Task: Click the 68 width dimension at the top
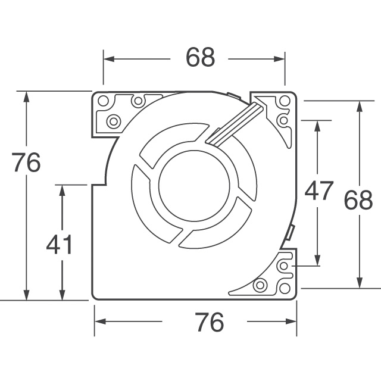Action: pos(199,58)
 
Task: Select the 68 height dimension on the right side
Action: pos(358,201)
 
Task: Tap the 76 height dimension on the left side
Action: pos(26,163)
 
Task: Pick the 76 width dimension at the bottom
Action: pos(209,322)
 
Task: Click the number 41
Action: pos(59,244)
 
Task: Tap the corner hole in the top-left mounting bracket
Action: pos(103,101)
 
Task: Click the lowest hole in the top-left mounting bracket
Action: pos(113,121)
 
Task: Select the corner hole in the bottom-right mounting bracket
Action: pos(285,287)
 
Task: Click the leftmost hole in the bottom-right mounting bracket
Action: pos(260,286)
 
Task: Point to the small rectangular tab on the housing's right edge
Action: pos(291,232)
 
